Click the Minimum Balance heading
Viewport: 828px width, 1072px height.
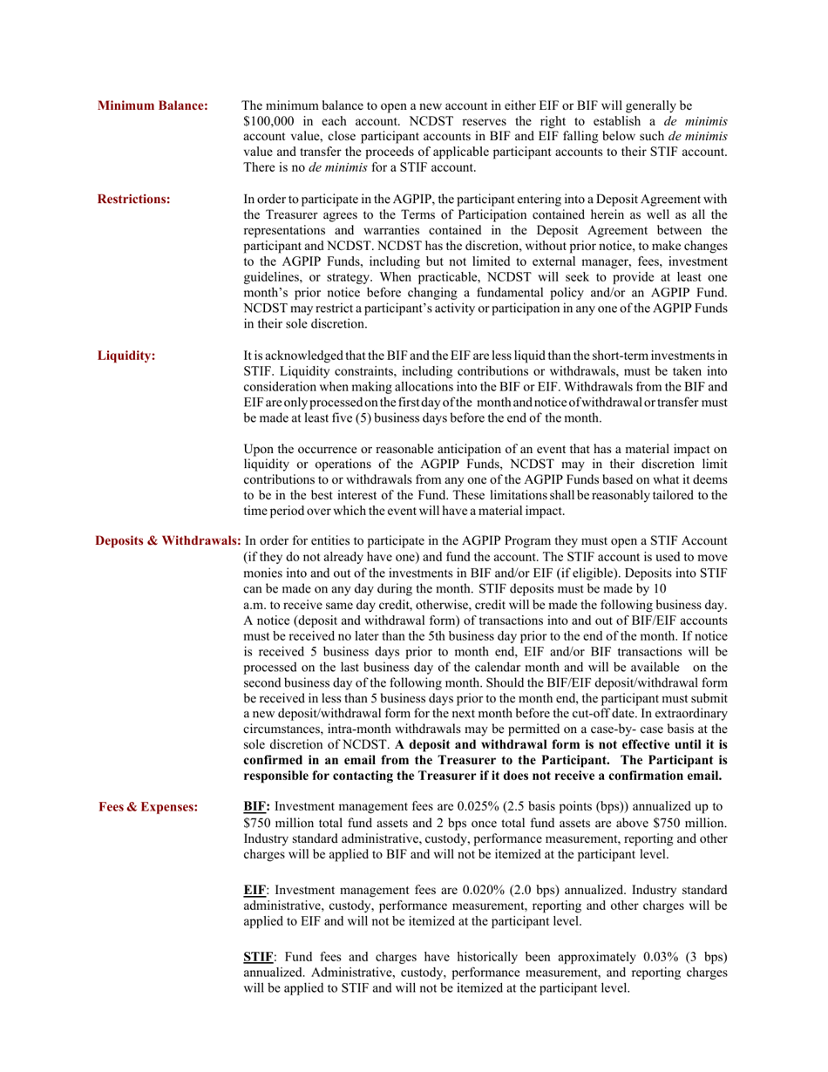(x=153, y=106)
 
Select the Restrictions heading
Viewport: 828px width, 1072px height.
(x=133, y=199)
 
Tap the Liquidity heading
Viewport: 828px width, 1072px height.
(x=126, y=356)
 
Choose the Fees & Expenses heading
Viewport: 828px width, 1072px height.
(x=148, y=807)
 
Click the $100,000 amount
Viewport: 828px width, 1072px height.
(x=270, y=121)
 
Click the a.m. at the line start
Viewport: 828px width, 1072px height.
(x=257, y=603)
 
